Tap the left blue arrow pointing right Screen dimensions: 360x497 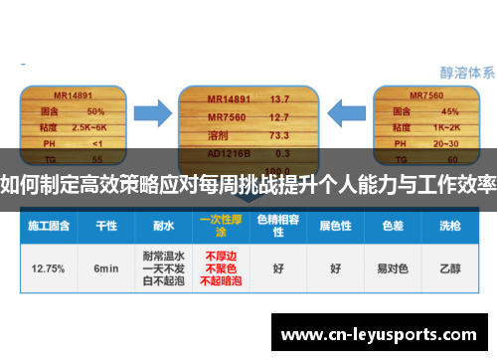(x=151, y=113)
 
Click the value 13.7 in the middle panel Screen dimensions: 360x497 (x=278, y=99)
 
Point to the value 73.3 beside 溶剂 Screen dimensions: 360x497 (x=279, y=135)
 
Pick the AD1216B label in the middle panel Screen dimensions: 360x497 (x=227, y=153)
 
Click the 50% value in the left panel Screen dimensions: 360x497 (x=96, y=110)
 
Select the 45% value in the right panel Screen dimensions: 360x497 (x=449, y=110)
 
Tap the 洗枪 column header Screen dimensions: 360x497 (x=448, y=225)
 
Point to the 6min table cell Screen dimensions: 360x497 (x=106, y=269)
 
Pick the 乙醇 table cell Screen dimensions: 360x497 (x=448, y=269)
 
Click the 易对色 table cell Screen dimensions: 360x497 (x=389, y=269)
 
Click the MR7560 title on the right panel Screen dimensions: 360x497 (x=428, y=95)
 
